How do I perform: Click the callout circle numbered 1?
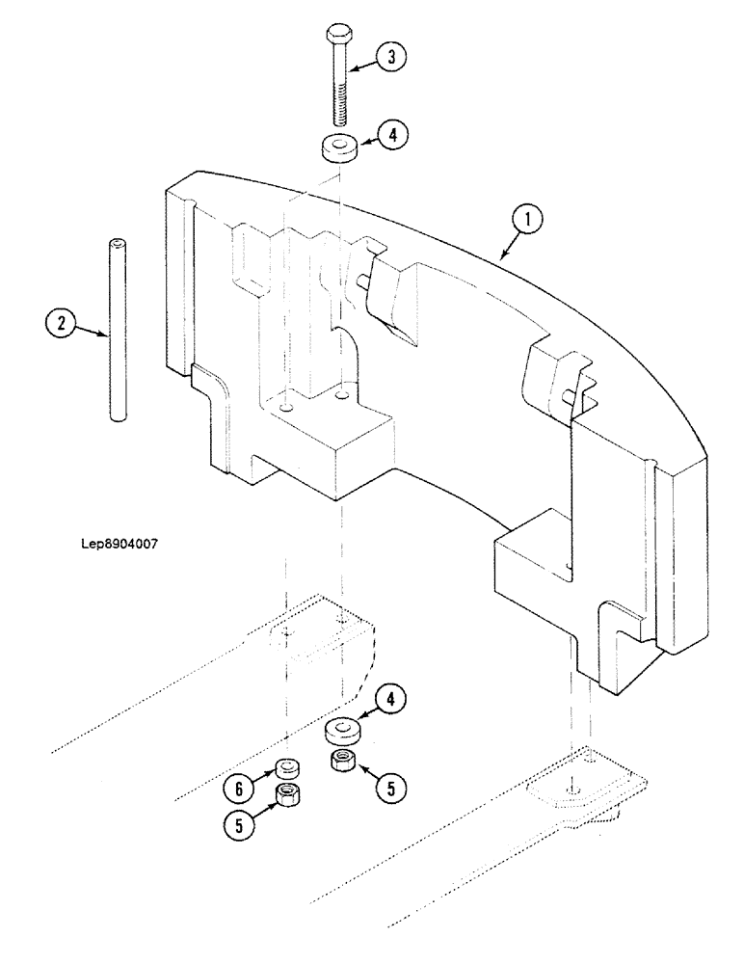[525, 222]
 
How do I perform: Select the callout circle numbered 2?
[60, 322]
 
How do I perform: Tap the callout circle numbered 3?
[391, 56]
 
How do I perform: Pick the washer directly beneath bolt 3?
[338, 150]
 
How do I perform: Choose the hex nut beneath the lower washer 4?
[342, 761]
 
